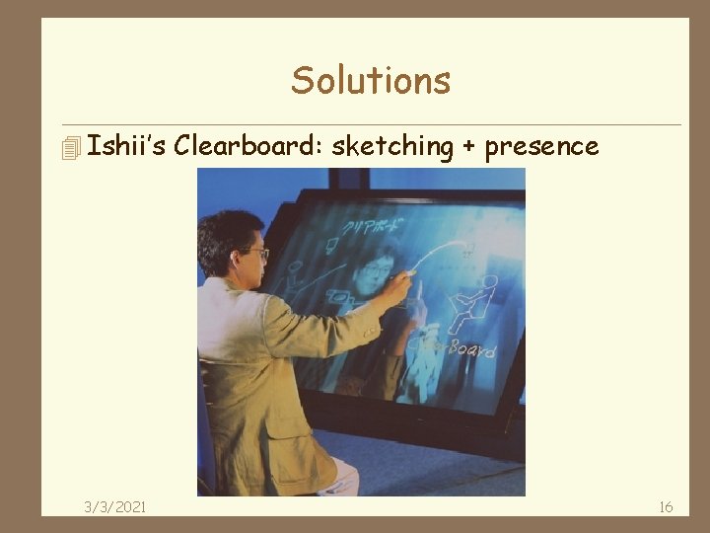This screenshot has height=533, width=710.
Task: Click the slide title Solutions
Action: click(x=370, y=80)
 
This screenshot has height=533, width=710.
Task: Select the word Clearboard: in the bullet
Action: click(x=248, y=146)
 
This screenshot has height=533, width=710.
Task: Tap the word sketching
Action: click(x=391, y=147)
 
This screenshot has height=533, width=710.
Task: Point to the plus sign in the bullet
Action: click(x=468, y=148)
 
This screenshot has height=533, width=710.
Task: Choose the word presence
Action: click(x=541, y=147)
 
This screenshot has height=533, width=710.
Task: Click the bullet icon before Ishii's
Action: click(x=69, y=148)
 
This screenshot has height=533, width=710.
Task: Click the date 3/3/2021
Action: click(x=115, y=506)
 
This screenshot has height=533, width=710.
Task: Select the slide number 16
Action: click(x=666, y=506)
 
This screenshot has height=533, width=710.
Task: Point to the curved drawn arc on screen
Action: click(x=439, y=253)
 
